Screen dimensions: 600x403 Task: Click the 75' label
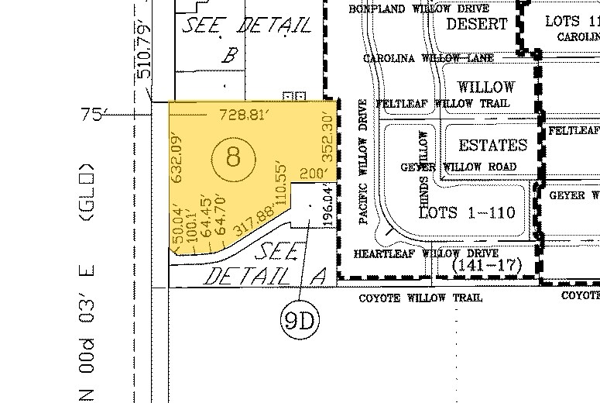[91, 115]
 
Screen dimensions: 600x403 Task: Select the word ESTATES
[492, 145]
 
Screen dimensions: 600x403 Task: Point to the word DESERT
[477, 24]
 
